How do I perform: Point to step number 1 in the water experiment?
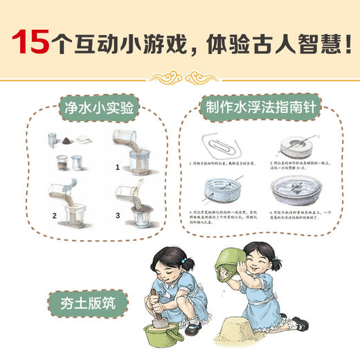(118, 167)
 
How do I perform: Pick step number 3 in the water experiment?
(118, 215)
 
